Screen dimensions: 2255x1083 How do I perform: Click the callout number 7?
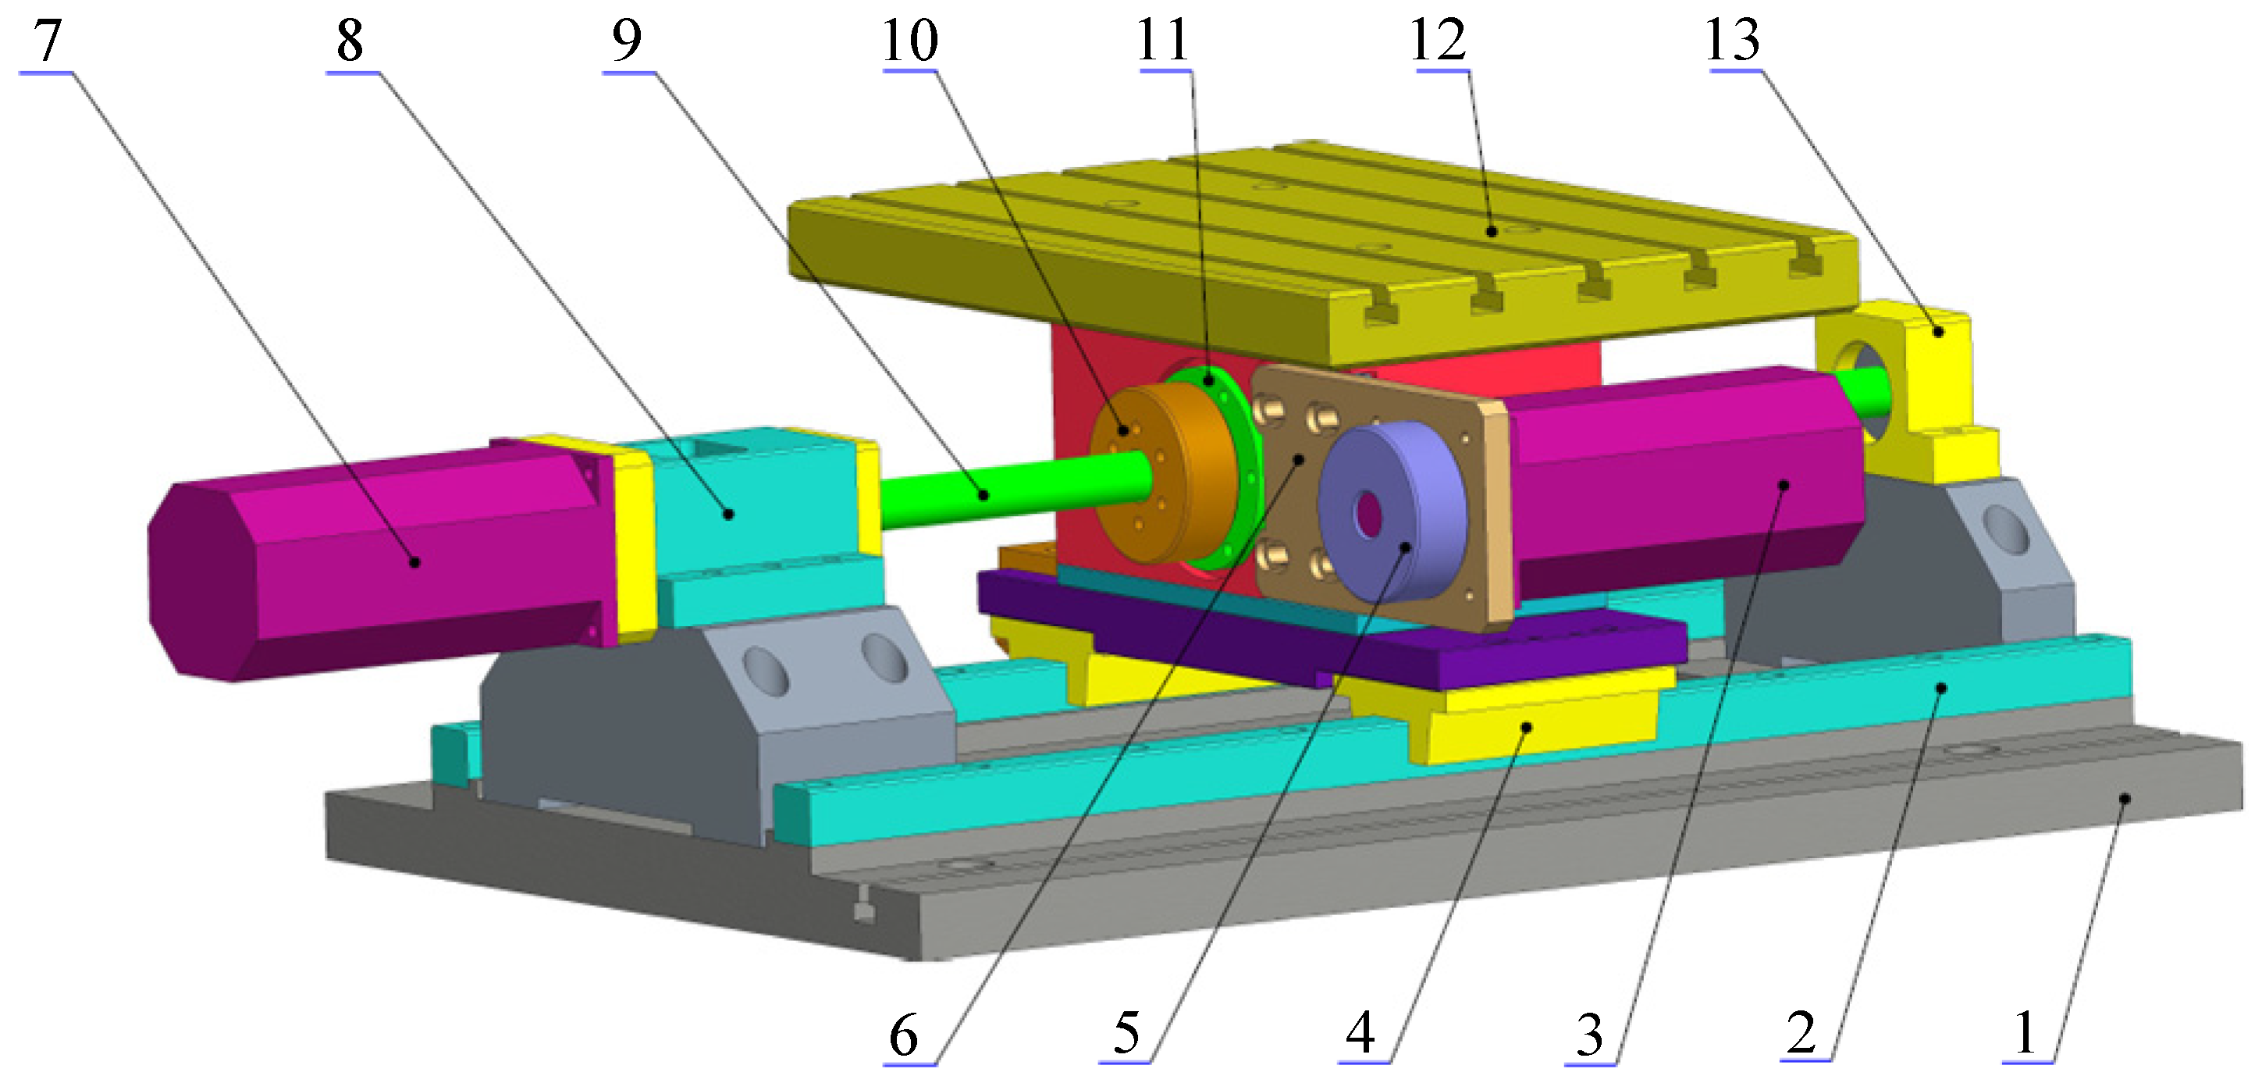click(x=48, y=41)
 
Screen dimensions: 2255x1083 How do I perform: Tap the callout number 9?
click(x=627, y=41)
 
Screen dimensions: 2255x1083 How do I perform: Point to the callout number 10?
click(x=910, y=41)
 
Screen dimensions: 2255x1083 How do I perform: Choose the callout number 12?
click(x=1439, y=41)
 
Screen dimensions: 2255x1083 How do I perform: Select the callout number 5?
click(x=1126, y=1033)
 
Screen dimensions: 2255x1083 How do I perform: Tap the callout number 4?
click(x=1360, y=1033)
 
